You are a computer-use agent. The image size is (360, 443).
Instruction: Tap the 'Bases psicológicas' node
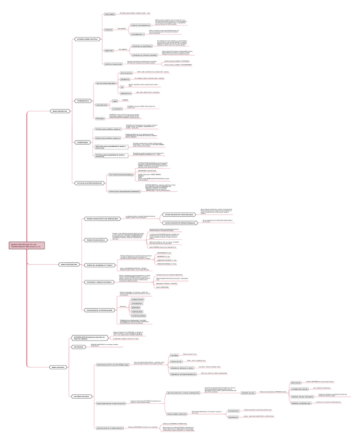pos(69,265)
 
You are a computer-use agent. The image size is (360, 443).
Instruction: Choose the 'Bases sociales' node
pos(57,367)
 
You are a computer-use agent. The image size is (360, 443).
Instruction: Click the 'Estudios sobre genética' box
pos(87,39)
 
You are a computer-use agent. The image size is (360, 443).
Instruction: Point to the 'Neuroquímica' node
pos(83,101)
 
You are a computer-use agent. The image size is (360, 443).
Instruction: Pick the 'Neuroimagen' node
pos(83,142)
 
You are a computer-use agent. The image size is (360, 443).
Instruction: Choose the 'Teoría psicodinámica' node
pos(96,240)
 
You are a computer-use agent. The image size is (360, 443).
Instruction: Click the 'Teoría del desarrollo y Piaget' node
pos(100,265)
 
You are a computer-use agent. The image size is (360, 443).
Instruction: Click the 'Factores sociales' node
pos(81,397)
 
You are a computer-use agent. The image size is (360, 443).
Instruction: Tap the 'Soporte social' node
pos(248,392)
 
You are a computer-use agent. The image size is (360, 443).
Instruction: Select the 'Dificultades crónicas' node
pos(176,414)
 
